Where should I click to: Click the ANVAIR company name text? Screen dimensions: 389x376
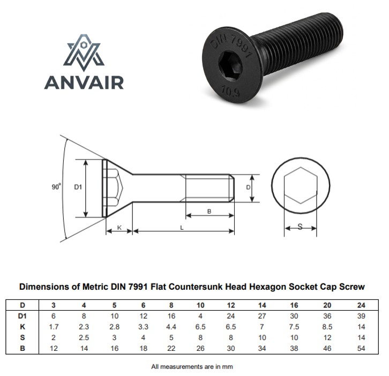[x=84, y=82]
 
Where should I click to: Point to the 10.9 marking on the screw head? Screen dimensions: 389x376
[x=230, y=91]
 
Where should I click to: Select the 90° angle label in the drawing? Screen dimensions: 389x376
[x=56, y=187]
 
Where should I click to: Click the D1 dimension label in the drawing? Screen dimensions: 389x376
[x=78, y=187]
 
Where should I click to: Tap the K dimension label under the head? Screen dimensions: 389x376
[x=119, y=228]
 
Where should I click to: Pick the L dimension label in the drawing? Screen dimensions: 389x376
[x=182, y=228]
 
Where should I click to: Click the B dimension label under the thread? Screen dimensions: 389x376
[x=209, y=212]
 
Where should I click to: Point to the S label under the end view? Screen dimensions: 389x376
[x=300, y=227]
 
